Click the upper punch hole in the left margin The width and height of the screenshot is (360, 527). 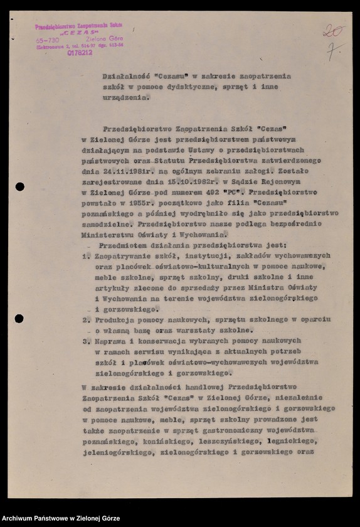coord(20,186)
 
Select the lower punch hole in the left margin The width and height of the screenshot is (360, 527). coord(19,318)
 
